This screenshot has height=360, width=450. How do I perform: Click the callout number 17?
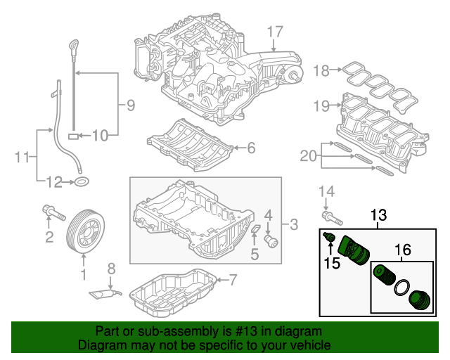[274, 31]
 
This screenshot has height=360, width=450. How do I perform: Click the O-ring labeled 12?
[82, 184]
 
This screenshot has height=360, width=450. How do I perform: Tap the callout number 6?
[252, 148]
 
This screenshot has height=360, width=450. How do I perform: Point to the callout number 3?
[294, 225]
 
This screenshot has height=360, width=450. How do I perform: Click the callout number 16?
[402, 249]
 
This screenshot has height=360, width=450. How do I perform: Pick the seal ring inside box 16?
[401, 287]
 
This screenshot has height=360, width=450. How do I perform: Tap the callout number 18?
[321, 70]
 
